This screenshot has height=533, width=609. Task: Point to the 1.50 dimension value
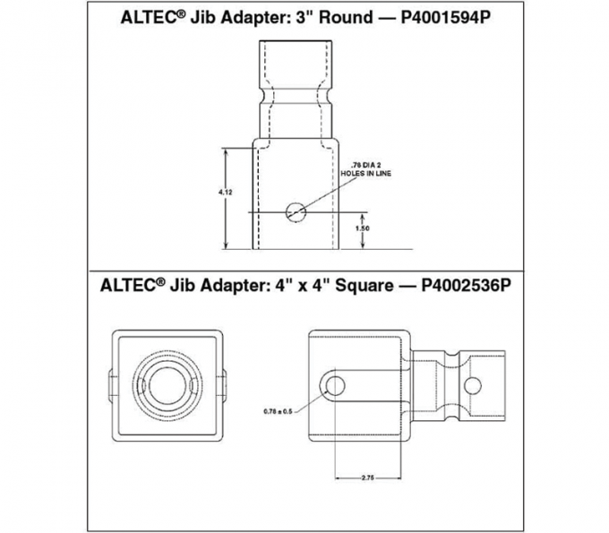pyautogui.click(x=363, y=229)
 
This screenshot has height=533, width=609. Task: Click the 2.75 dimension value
pyautogui.click(x=367, y=478)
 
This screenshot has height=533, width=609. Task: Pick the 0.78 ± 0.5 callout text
pyautogui.click(x=279, y=411)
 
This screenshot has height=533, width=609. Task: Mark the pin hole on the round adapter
pyautogui.click(x=295, y=212)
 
